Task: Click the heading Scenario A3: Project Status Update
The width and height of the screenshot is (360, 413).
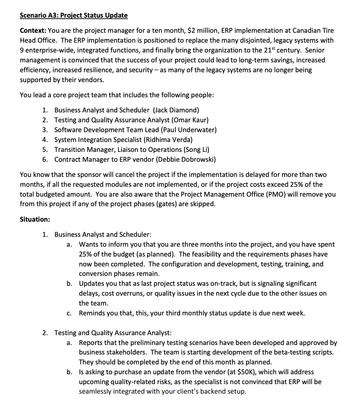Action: (74, 15)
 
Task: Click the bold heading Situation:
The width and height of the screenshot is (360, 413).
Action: (35, 220)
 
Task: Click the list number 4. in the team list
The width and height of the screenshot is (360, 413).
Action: (45, 140)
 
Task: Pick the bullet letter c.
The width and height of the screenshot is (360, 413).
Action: (69, 313)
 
